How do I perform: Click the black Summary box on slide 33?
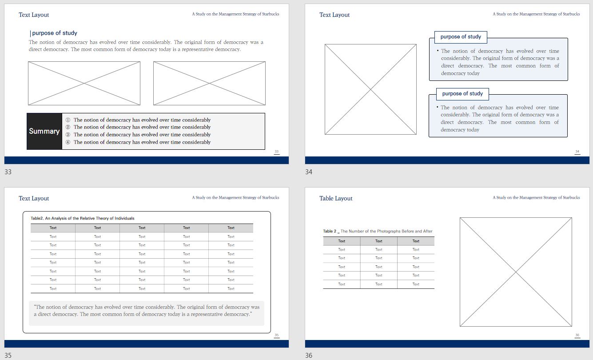click(44, 132)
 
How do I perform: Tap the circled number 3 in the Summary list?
click(68, 135)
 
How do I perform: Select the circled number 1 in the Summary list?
click(68, 120)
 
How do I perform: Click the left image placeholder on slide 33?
click(84, 84)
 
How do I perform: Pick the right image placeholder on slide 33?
click(209, 84)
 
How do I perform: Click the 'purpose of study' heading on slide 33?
click(55, 33)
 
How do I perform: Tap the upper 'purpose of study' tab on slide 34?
click(461, 37)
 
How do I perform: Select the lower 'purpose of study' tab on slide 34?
click(462, 94)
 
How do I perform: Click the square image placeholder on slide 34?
click(370, 89)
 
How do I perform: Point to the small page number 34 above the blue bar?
click(577, 152)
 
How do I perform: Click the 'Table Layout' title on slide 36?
click(336, 198)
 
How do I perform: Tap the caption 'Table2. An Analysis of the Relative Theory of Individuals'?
click(82, 218)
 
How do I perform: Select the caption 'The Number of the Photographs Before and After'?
click(386, 231)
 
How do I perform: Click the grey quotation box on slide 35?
click(147, 313)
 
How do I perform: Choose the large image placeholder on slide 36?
click(516, 272)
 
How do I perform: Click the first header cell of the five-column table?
click(53, 228)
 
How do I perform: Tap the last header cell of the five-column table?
click(231, 228)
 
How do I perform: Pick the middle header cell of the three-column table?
click(379, 241)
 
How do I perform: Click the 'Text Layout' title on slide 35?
click(34, 198)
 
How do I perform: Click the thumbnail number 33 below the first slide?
click(8, 172)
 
